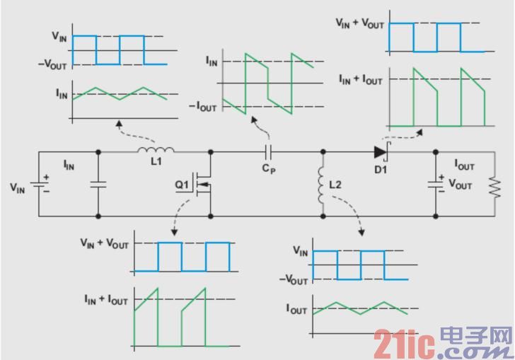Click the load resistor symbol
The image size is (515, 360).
click(x=493, y=185)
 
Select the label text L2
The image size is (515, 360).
click(x=336, y=185)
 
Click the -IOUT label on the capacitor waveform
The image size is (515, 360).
click(x=202, y=106)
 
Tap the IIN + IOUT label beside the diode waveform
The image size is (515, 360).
click(x=359, y=80)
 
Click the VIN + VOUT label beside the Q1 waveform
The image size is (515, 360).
click(x=104, y=243)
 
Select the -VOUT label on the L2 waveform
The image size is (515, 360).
click(x=294, y=280)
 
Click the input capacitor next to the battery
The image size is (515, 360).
click(x=98, y=185)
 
